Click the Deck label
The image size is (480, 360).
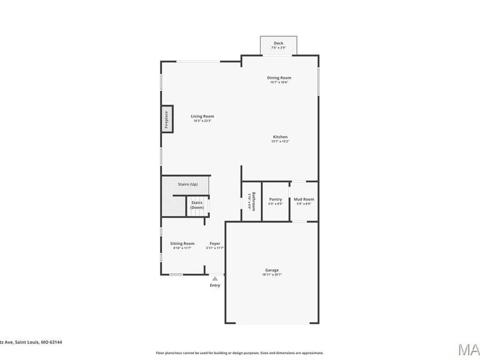click(278, 43)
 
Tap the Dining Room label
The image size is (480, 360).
click(279, 78)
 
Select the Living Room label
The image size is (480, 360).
click(203, 116)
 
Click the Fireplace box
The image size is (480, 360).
click(167, 118)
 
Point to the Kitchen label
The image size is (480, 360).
click(279, 137)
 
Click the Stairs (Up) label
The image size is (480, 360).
click(188, 184)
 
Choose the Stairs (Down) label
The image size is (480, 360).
click(197, 205)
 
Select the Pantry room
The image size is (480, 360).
click(275, 201)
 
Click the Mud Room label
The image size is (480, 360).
click(304, 199)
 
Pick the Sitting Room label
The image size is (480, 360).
click(182, 244)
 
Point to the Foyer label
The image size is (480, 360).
click(215, 244)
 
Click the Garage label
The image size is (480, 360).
click(272, 270)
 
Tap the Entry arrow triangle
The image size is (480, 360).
click(215, 278)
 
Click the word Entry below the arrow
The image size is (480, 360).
click(215, 285)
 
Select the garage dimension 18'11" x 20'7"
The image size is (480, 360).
click(272, 275)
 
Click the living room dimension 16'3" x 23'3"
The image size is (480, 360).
click(203, 121)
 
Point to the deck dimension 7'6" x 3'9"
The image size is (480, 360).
click(278, 48)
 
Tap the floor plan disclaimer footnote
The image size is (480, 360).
click(239, 353)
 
